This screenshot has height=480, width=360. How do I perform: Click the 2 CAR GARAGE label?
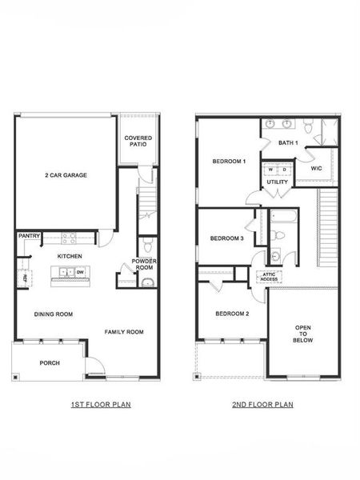click(66, 175)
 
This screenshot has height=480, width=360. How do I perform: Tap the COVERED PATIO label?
click(138, 142)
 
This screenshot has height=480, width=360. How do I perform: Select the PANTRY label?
click(29, 236)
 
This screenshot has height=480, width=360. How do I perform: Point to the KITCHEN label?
click(70, 255)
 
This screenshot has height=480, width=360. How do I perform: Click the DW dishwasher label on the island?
click(80, 273)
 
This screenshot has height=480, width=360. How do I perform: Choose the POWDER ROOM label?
click(144, 265)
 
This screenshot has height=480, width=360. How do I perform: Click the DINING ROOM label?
click(54, 314)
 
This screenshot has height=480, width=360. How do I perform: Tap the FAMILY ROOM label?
click(124, 331)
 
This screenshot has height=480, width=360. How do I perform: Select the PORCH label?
click(50, 363)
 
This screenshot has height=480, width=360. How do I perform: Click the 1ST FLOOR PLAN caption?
click(101, 405)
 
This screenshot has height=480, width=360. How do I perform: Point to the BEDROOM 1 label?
click(228, 162)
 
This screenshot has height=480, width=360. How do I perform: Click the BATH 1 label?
click(288, 143)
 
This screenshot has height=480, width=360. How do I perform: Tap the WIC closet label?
click(316, 169)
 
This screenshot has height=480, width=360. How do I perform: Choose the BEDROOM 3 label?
click(226, 238)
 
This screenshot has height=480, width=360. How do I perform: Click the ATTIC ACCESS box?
click(269, 277)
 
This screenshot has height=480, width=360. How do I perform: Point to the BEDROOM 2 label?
click(232, 314)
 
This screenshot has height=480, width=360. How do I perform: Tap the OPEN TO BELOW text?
click(303, 334)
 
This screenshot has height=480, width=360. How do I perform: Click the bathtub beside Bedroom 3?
click(284, 216)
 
